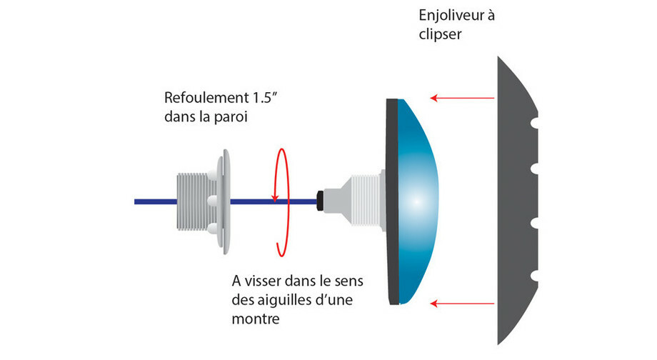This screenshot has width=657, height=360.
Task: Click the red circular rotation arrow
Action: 283,201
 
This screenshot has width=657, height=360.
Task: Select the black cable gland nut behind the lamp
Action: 322,201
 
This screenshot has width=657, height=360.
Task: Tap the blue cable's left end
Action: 137,201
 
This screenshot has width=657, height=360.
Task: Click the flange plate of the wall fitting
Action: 225,201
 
